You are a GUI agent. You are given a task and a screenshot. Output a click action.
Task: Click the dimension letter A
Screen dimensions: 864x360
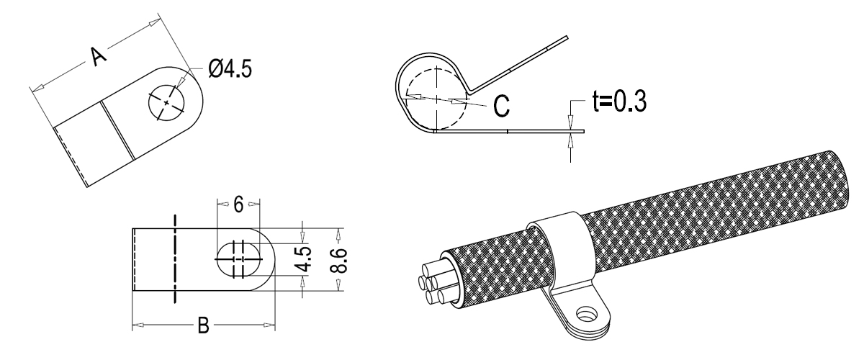pyautogui.click(x=97, y=56)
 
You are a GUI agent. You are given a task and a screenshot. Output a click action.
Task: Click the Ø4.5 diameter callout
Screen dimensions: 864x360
pyautogui.click(x=230, y=68)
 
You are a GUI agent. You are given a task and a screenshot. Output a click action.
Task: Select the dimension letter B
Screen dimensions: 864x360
pyautogui.click(x=203, y=325)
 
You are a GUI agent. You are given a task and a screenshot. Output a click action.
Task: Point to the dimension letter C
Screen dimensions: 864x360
pyautogui.click(x=501, y=105)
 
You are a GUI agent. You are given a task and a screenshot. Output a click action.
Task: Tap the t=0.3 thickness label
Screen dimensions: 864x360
pyautogui.click(x=619, y=102)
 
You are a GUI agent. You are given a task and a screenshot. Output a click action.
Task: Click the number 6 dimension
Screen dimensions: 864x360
pyautogui.click(x=238, y=204)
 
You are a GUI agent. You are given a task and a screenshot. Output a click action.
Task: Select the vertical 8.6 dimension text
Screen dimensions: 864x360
pyautogui.click(x=339, y=261)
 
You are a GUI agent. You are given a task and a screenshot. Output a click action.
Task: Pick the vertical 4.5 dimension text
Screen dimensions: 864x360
pyautogui.click(x=305, y=260)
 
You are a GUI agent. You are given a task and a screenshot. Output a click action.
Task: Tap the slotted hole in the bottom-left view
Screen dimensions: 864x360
pyautogui.click(x=238, y=259)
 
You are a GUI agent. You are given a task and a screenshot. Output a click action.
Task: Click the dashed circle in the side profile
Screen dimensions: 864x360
pyautogui.click(x=436, y=99)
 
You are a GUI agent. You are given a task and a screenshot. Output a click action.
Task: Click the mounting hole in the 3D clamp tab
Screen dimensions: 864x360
pyautogui.click(x=586, y=314)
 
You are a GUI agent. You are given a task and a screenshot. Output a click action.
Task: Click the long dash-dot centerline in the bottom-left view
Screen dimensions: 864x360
pyautogui.click(x=175, y=259)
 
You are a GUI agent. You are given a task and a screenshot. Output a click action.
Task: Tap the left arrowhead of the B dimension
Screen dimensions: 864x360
pyautogui.click(x=138, y=325)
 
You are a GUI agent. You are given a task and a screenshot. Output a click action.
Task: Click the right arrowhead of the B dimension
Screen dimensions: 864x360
pyautogui.click(x=269, y=325)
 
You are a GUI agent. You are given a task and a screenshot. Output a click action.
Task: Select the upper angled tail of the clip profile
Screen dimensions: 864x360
pyautogui.click(x=518, y=65)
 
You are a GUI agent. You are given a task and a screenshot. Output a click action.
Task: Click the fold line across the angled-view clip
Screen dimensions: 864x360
pyautogui.click(x=118, y=130)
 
